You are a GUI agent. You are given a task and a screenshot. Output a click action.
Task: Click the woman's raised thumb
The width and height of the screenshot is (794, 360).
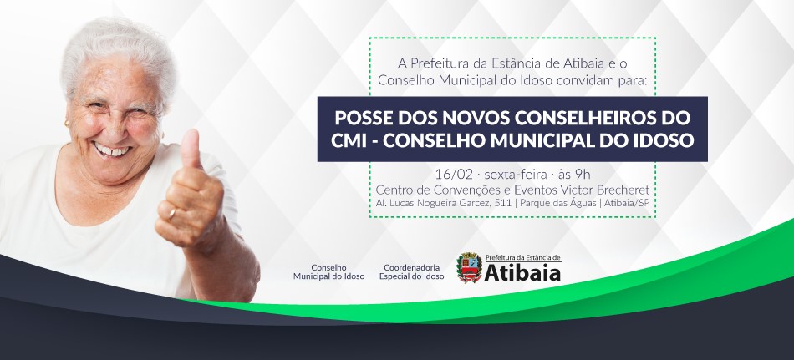191,150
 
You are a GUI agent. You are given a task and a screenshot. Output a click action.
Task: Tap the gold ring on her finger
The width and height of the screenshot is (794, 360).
172,213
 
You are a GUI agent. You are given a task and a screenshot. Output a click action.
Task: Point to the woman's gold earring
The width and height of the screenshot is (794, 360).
67,124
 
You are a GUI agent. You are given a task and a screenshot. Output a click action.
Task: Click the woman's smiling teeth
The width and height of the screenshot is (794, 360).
111,150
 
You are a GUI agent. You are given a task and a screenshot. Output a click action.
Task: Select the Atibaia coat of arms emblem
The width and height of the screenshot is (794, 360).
469,268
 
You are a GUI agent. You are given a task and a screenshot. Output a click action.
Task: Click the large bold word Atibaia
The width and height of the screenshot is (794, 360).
522,272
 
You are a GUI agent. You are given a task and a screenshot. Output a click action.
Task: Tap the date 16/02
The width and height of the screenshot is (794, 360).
454,175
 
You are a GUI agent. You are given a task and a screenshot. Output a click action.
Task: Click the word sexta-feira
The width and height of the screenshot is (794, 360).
516,175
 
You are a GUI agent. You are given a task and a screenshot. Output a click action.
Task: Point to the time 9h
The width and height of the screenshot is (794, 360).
583,175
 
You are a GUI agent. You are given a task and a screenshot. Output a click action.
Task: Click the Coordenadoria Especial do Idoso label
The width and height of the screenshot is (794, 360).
412,272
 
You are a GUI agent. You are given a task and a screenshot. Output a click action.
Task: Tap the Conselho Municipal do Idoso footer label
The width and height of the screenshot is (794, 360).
328,272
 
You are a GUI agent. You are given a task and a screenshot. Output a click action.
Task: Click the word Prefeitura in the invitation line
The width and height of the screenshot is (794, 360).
435,63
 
